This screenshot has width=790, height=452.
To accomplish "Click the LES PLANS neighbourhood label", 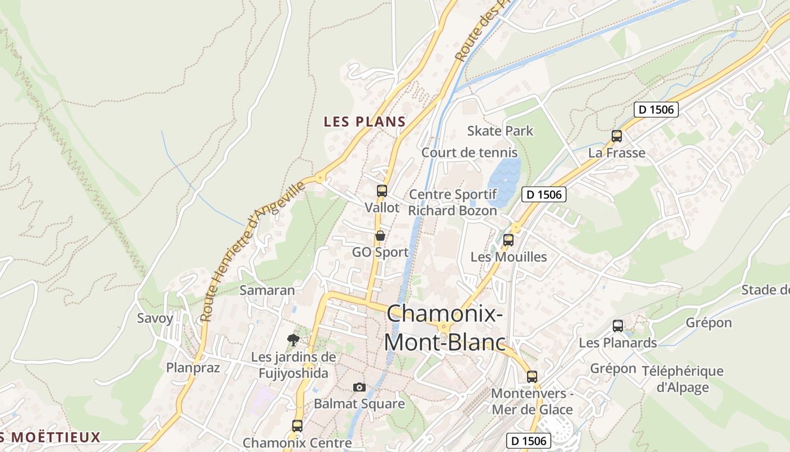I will coord(365,121).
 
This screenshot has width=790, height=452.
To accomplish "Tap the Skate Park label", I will coord(500,131).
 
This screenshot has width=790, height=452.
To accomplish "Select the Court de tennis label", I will coord(469,153).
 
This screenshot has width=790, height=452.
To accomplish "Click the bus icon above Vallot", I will coord(382,191).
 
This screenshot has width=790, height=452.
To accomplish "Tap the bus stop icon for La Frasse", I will coord(617,136).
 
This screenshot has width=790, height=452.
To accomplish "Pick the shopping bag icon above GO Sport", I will coord(380,236).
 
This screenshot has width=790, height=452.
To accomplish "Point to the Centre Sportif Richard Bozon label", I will coord(453,203).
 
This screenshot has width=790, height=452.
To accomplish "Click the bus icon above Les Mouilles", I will coord(508,240).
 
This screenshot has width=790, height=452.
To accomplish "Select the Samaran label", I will coord(267,290).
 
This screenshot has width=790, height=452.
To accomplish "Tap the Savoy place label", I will coord(155,318).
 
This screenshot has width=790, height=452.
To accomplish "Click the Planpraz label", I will coord(193,368).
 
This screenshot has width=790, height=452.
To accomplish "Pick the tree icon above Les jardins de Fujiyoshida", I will coord(293,340).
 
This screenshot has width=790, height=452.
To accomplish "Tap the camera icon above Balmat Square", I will coord(359,387).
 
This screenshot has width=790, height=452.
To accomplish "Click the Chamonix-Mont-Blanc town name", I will coord(444,328).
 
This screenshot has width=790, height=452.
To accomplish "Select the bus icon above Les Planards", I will coord(618,326).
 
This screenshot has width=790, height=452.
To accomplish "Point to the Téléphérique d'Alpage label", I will coord(682,379).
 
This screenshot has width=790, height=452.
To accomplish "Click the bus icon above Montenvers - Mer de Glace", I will coord(532,377).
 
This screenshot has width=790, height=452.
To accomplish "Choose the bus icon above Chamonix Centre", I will coord(297,425).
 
